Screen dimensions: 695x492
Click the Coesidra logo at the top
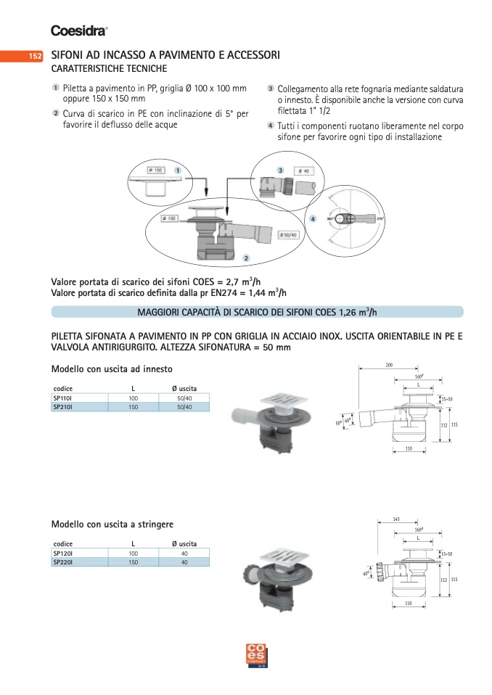79,30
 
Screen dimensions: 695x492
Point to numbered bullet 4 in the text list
270,126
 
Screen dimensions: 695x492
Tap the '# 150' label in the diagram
154,170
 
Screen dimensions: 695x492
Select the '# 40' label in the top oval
304,171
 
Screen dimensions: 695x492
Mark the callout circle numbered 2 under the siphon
246,258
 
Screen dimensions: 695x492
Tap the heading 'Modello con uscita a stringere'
112,524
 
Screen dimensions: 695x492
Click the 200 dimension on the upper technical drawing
388,364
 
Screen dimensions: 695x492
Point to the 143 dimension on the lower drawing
395,519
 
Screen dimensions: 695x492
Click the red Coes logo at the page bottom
258,654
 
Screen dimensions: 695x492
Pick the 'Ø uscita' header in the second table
184,543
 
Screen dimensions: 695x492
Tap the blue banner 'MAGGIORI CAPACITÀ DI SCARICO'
257,312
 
